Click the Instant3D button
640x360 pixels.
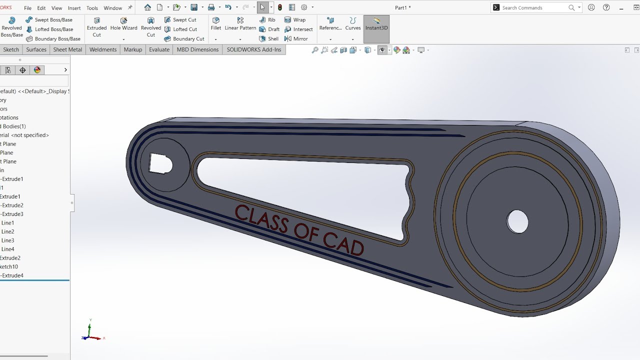tap(376, 24)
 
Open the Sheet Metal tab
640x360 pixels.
tap(67, 49)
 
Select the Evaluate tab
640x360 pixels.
tap(159, 49)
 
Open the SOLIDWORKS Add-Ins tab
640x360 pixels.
tap(254, 49)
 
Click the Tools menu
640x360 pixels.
tap(92, 8)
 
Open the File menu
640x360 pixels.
tap(27, 8)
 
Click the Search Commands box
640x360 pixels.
tap(532, 7)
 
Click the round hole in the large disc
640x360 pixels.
tap(517, 221)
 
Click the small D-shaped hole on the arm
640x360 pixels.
tap(161, 163)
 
